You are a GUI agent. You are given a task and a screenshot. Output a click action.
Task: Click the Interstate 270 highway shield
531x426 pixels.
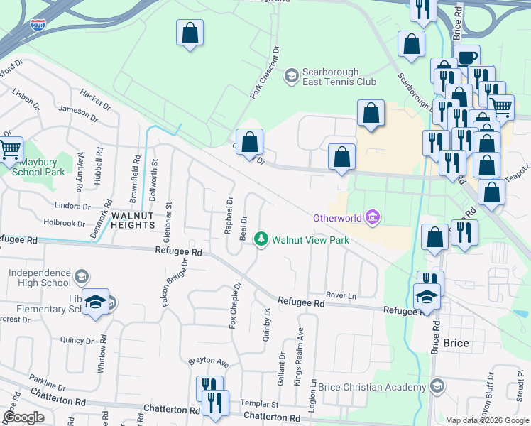click(x=38, y=25)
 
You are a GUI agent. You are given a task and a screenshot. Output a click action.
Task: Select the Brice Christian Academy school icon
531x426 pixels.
click(x=438, y=386)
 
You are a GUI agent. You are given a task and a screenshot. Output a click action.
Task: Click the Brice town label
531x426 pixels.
click(x=455, y=343)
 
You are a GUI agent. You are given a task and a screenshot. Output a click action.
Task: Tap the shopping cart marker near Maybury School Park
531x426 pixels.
click(x=10, y=149)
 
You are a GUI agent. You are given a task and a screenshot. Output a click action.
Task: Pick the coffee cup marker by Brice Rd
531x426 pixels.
click(x=467, y=58)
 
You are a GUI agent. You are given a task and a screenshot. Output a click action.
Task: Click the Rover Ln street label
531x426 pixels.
click(x=340, y=295)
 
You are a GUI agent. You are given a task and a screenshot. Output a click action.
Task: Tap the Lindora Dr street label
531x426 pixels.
click(x=76, y=207)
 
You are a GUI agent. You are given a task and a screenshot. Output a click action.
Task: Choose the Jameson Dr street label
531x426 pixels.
click(x=77, y=111)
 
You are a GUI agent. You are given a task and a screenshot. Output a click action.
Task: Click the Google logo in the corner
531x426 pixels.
click(x=23, y=417)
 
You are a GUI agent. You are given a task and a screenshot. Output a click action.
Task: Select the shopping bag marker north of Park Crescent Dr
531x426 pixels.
click(x=190, y=33)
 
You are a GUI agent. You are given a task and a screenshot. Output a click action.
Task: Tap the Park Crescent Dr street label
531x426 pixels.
click(x=262, y=72)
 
